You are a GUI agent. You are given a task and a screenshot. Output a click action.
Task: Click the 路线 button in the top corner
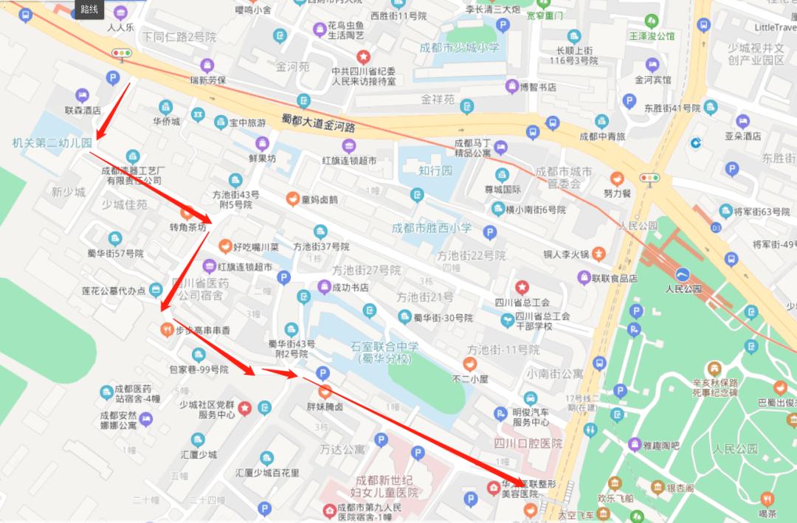point(89,9)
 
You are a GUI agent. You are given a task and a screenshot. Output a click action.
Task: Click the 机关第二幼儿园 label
point(52,142)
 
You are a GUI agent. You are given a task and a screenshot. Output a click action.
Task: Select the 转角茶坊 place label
point(188,228)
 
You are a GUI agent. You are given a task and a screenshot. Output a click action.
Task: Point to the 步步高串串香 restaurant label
point(203,330)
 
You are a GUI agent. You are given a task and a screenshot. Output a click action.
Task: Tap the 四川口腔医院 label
point(528,443)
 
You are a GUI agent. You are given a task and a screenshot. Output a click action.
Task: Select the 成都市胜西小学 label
point(432,228)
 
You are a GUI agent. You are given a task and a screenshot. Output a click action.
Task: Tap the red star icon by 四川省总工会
point(522,287)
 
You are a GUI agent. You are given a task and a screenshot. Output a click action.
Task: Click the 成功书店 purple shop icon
point(323,286)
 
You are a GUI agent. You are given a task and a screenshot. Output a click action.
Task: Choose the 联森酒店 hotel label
point(83,110)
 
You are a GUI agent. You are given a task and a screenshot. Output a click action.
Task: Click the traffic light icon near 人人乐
point(121,53)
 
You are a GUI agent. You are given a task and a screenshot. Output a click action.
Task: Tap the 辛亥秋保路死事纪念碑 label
point(714,388)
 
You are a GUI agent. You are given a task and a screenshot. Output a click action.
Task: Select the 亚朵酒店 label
point(742,136)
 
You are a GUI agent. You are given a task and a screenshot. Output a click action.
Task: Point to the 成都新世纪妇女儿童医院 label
point(387,486)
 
